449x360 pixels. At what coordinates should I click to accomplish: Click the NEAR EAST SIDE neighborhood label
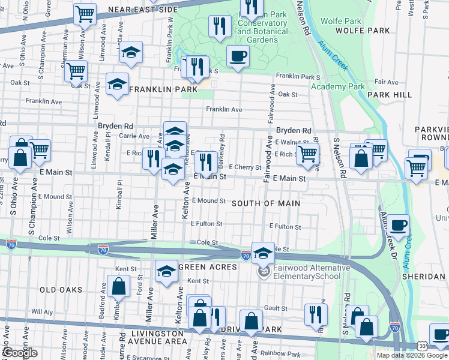click(142, 10)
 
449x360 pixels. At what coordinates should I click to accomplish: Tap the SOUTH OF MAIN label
click(267, 203)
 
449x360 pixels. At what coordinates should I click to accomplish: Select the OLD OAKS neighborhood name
click(61, 290)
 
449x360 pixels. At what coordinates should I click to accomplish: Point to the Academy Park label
click(337, 86)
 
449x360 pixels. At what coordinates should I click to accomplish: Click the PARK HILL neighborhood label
click(390, 95)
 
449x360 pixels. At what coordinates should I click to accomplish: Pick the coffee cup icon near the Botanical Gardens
click(238, 56)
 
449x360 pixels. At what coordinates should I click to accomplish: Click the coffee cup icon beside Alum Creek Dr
click(397, 226)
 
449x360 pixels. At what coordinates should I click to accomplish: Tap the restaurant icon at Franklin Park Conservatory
click(219, 25)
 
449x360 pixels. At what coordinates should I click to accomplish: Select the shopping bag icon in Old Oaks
click(118, 286)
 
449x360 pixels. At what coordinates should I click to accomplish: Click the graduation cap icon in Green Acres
click(166, 271)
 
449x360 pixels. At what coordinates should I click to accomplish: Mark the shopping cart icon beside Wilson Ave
click(85, 13)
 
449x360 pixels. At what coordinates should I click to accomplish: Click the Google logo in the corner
click(20, 353)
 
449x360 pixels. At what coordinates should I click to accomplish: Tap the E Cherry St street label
click(245, 167)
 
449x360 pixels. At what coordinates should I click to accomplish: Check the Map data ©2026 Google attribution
click(411, 355)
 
